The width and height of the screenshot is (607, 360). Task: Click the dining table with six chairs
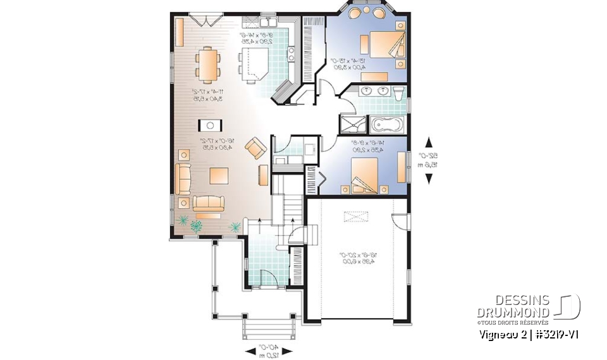point(209,65)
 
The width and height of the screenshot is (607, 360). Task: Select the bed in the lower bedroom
point(365,174)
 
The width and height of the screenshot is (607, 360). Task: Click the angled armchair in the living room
point(255,149)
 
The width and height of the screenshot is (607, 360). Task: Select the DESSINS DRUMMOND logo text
point(513,306)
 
